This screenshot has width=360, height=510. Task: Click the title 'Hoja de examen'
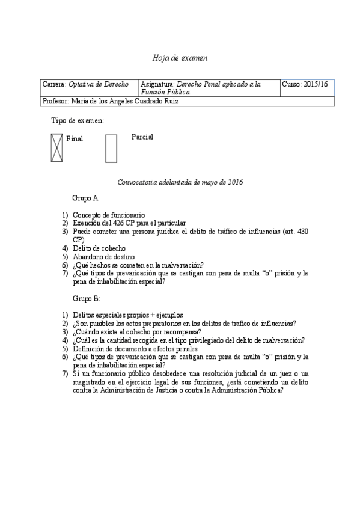(x=180, y=58)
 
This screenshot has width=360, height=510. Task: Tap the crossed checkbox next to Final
(x=56, y=148)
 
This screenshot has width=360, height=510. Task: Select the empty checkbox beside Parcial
(x=111, y=148)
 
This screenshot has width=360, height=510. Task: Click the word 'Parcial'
(x=142, y=137)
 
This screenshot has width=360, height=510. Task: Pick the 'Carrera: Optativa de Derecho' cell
(x=85, y=84)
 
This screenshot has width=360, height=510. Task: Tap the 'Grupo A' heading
(x=85, y=198)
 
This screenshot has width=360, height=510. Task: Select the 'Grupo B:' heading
(x=86, y=298)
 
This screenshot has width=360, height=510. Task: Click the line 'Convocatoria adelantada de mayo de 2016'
(x=180, y=182)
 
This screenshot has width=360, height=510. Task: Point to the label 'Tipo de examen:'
(x=78, y=120)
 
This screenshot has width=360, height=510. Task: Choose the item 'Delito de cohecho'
(x=99, y=248)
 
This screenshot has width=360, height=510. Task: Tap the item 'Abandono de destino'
(x=103, y=256)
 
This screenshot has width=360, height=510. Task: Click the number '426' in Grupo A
(x=113, y=223)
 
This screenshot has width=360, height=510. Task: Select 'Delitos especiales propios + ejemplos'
(x=127, y=315)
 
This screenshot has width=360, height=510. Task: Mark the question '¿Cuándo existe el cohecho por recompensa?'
(x=136, y=331)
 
